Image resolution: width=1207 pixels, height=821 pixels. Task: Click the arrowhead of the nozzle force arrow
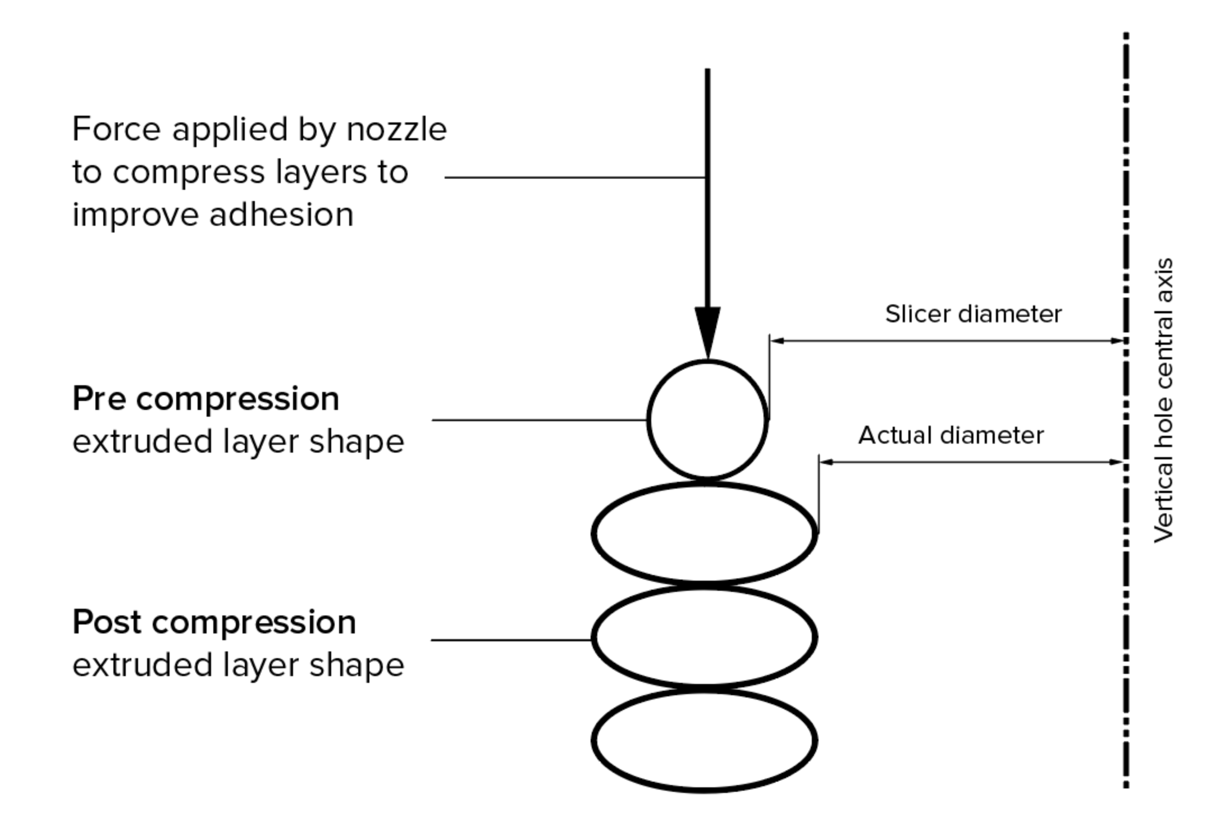(707, 331)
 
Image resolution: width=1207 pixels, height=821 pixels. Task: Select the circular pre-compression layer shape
(707, 420)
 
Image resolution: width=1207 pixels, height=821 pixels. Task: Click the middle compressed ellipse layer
(705, 637)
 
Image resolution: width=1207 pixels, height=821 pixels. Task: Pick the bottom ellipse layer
(705, 741)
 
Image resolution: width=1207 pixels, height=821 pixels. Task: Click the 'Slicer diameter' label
(973, 314)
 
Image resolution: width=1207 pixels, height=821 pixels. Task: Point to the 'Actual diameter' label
(951, 435)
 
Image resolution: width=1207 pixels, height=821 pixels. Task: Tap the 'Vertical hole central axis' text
(1163, 400)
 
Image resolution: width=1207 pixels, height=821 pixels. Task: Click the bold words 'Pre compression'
(205, 399)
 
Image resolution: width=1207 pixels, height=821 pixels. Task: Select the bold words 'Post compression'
(214, 622)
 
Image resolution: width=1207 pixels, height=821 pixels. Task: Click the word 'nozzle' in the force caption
(396, 130)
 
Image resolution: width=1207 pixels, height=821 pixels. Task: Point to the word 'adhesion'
(281, 215)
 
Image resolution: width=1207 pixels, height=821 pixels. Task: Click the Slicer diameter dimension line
(949, 340)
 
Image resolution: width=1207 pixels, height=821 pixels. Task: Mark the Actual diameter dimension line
(971, 462)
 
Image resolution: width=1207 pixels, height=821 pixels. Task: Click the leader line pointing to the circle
(539, 419)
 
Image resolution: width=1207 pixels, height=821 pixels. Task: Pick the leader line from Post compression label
(511, 640)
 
